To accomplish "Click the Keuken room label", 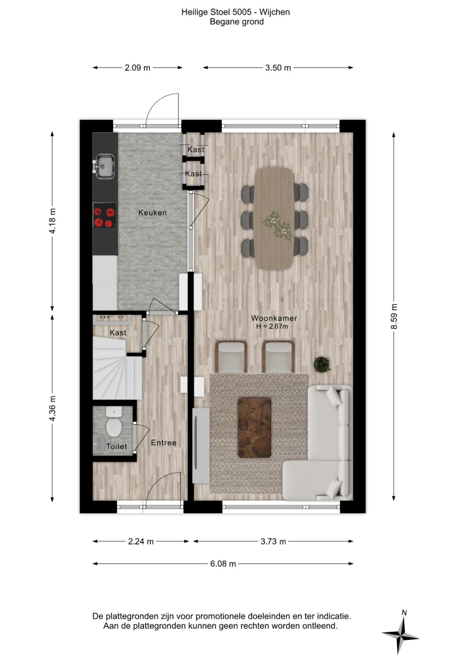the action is (x=152, y=213).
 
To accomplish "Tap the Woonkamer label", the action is (x=274, y=318).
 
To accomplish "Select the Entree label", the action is (x=163, y=443).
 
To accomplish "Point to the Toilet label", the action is (x=117, y=446).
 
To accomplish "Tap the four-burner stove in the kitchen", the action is (x=104, y=217).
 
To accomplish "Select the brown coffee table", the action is (x=255, y=427).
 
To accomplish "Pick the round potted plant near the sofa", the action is (x=322, y=364).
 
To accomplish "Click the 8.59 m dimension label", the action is (x=394, y=316).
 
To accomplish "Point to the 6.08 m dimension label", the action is (x=223, y=564).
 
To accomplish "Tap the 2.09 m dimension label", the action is (x=137, y=68).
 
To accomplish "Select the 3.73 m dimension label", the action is (x=273, y=541).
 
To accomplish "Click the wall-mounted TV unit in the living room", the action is (x=201, y=445).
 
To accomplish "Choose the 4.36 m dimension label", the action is (x=52, y=408).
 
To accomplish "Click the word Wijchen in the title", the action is (x=275, y=12).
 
